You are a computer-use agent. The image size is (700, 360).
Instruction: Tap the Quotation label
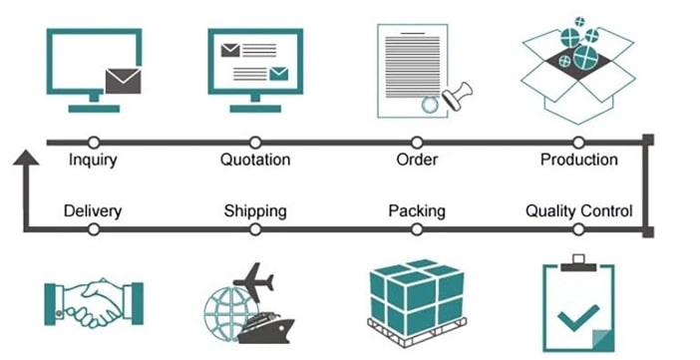point(255,160)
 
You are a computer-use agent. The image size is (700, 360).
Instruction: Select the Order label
point(417,160)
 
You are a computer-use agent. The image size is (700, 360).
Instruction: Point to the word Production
point(579,160)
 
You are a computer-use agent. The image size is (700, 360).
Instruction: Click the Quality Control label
point(579,211)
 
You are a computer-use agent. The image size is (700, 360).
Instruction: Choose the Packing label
point(417,211)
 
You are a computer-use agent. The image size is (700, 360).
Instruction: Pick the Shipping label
point(255,211)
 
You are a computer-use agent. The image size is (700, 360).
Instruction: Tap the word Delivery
point(93,211)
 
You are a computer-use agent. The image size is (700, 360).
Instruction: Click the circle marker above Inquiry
point(94,141)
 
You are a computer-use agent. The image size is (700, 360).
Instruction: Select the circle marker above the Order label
point(417,141)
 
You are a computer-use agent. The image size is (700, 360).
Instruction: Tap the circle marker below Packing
point(417,229)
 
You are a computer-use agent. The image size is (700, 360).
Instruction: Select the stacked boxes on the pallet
point(416,297)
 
